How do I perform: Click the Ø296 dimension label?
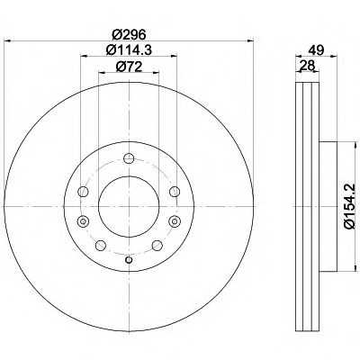[129, 35]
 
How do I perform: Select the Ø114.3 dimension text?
[129, 49]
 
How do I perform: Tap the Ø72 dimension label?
[129, 67]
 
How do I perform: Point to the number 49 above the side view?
[317, 49]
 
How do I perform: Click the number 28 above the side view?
[307, 65]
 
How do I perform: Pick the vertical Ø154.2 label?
[350, 206]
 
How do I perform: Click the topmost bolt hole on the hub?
[129, 158]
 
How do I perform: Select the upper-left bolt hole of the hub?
[83, 192]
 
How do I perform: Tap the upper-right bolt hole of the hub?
[175, 192]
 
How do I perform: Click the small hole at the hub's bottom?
[129, 260]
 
